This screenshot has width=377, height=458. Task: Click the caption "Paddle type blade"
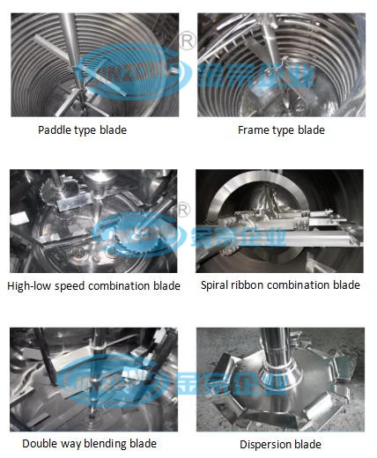82,130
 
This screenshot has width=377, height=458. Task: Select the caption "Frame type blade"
281,130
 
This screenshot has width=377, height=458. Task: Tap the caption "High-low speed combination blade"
93,285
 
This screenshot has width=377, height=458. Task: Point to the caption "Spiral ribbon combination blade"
280,285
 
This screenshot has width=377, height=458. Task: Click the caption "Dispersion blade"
281,445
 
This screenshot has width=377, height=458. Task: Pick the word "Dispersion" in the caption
267,445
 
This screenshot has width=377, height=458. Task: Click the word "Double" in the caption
41,445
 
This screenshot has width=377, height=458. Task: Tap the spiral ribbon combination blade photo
280,221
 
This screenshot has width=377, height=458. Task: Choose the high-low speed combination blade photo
93,221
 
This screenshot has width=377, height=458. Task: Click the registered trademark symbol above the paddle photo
186,40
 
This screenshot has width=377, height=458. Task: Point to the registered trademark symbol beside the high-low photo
184,209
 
